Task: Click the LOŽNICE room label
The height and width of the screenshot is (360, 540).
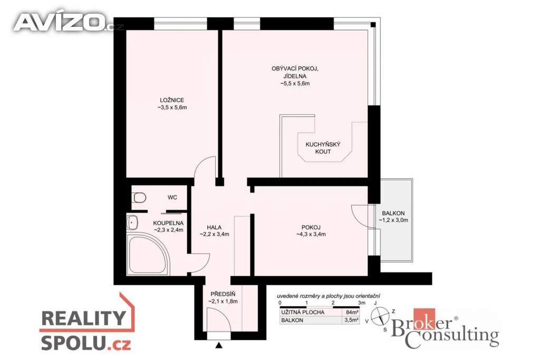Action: [172, 100]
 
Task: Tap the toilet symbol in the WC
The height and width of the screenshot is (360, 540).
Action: [139, 198]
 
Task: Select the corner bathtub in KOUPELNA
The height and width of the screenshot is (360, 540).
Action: [148, 254]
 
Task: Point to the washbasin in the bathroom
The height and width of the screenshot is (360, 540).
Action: [132, 222]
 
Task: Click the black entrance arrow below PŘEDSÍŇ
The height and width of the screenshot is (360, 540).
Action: [219, 345]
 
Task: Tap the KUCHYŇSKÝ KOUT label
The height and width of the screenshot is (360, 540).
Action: [323, 148]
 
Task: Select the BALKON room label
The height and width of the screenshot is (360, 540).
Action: [393, 213]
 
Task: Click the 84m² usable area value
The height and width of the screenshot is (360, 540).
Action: [350, 312]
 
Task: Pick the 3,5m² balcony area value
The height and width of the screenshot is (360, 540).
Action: [351, 320]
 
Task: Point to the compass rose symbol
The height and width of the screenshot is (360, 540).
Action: [380, 316]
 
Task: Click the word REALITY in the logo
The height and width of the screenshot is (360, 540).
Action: [84, 318]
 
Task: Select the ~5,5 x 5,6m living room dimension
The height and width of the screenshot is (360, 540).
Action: [295, 83]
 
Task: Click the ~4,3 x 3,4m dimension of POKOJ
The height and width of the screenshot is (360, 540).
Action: [311, 235]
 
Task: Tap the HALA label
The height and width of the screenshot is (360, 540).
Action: [214, 228]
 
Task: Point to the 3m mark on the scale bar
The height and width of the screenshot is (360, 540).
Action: [361, 303]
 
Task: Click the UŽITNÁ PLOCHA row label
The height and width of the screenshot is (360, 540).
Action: [303, 312]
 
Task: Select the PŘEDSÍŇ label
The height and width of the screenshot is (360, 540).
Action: [223, 294]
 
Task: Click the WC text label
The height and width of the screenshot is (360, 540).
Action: [172, 198]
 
